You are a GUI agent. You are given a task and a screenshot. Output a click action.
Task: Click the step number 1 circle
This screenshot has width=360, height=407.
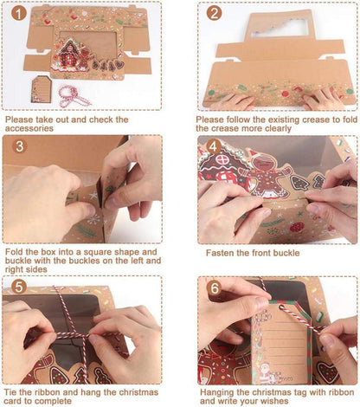tap(19, 13)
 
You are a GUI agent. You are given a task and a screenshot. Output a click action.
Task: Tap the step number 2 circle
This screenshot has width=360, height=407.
tap(215, 13)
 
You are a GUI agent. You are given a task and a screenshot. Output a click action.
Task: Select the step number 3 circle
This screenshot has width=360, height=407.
tap(19, 146)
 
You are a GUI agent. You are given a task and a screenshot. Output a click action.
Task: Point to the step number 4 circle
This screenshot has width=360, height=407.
tap(214, 147)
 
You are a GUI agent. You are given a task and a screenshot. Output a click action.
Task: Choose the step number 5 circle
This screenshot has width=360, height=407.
tap(19, 287)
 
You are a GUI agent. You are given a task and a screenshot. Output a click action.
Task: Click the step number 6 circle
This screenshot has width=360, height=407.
tap(215, 288)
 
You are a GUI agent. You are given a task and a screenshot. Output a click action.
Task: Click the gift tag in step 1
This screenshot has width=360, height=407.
tap(42, 89)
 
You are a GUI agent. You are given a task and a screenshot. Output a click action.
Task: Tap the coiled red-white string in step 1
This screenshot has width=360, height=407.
tap(73, 97)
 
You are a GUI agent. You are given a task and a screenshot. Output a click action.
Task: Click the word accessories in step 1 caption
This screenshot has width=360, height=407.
tap(29, 128)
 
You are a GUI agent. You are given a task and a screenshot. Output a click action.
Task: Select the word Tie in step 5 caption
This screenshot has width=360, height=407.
tap(11, 392)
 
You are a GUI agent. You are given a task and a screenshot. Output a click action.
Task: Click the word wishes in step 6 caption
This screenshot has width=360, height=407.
tap(273, 401)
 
